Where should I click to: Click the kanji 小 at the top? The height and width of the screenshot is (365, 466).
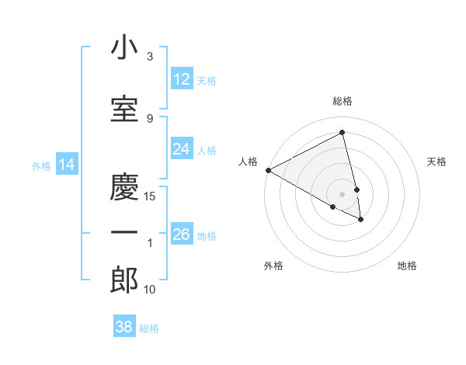click(123, 49)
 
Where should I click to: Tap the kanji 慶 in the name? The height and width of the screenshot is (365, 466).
click(123, 186)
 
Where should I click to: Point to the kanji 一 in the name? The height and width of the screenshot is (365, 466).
click(123, 233)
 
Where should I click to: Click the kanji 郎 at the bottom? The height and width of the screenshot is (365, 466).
click(123, 280)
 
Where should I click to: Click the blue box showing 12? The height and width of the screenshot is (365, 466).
click(182, 79)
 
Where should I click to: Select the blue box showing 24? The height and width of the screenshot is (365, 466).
click(182, 149)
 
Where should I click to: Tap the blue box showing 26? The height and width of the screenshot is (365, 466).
click(182, 234)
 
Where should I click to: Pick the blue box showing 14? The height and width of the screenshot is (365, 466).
click(66, 165)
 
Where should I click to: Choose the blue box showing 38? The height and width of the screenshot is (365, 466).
click(123, 327)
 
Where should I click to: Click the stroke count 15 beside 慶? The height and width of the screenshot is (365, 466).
click(151, 196)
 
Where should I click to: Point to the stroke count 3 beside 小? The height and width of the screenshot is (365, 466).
click(150, 57)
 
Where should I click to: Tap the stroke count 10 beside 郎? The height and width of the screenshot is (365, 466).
click(151, 290)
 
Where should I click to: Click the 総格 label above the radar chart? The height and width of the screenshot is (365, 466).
click(343, 101)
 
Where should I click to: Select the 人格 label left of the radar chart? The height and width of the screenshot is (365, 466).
click(249, 162)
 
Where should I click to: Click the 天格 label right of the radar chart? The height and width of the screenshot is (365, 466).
click(436, 162)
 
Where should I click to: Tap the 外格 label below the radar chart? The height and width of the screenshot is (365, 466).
click(273, 266)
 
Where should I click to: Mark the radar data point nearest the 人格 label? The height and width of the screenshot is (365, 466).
click(268, 170)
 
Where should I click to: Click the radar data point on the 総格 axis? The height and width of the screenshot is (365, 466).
click(343, 133)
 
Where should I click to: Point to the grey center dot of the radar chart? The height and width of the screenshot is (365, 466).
click(343, 193)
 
